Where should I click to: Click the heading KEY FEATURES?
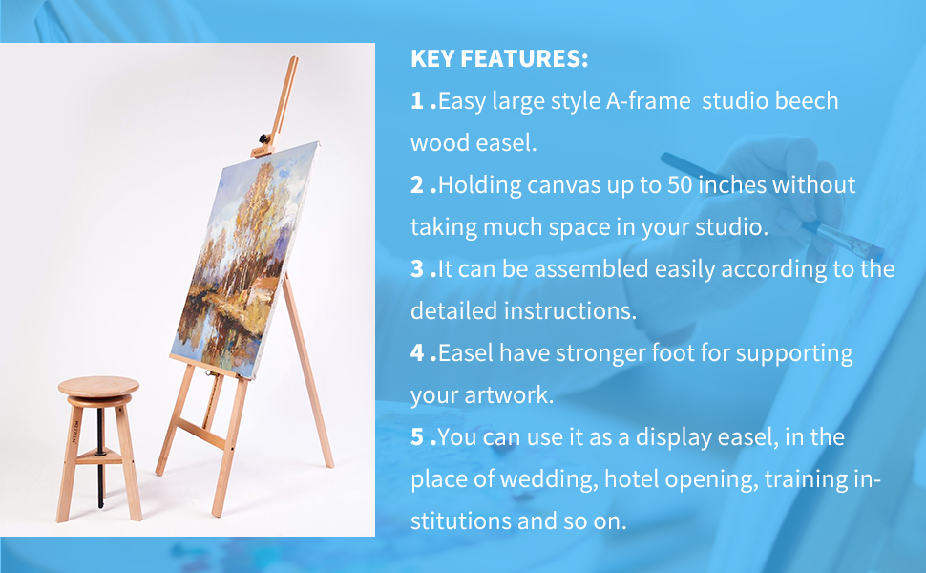499,59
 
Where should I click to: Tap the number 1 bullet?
418,101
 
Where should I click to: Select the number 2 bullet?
418,185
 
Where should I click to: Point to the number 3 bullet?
418,269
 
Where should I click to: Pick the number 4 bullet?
418,353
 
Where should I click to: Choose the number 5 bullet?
418,437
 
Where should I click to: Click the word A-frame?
648,101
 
